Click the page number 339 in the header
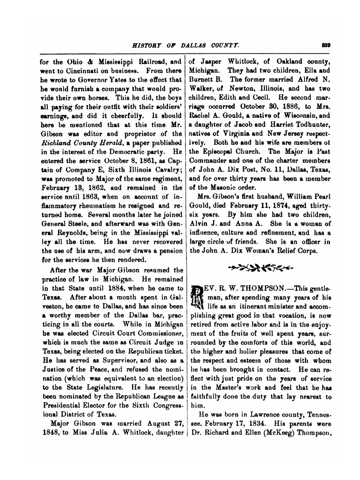pyautogui.click(x=327, y=45)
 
